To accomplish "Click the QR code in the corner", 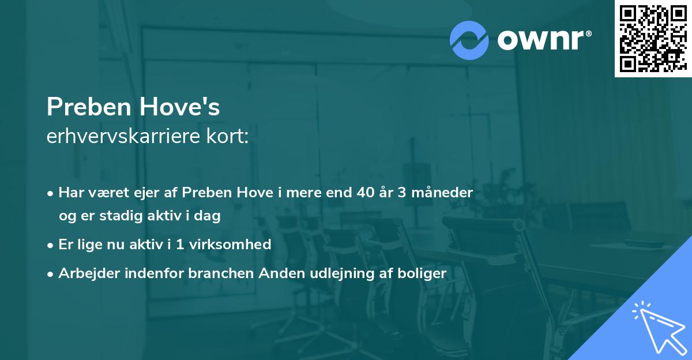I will (x=653, y=39).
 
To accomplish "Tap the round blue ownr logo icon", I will (x=469, y=40).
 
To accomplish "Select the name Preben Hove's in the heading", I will (x=133, y=108).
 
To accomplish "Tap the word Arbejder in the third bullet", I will (x=84, y=273).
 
